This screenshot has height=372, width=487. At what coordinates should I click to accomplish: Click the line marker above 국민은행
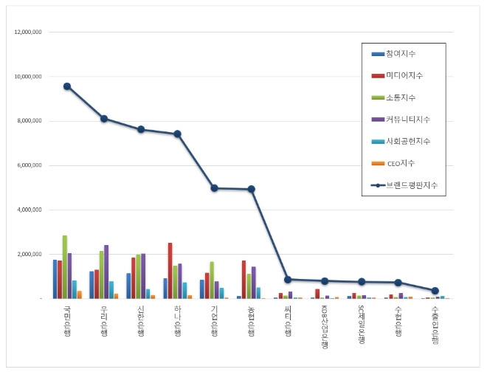point(67,86)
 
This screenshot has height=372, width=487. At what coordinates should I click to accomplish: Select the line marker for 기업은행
point(214,188)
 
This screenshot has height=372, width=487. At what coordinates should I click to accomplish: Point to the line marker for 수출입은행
point(435,291)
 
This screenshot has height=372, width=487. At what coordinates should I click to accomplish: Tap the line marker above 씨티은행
point(288,280)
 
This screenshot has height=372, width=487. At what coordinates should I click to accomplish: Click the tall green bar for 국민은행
point(65,266)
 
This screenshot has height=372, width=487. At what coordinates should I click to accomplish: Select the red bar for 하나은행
point(170,270)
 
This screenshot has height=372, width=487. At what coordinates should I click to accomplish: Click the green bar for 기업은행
point(212,280)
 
